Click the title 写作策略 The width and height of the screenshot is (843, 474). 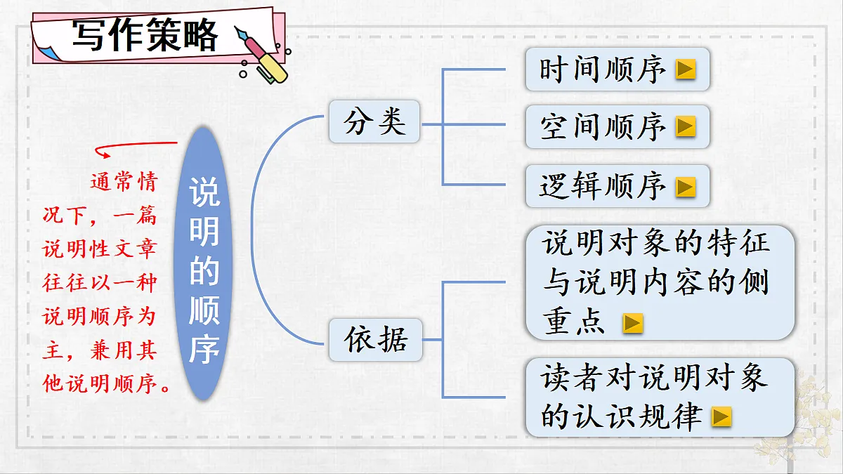point(145,35)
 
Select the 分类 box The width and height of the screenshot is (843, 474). point(374,121)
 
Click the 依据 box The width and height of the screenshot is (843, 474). point(376,340)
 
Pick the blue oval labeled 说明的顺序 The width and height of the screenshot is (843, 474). point(203,263)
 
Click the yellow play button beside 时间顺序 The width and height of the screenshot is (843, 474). point(686,70)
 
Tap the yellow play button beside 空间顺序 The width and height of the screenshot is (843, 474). point(686,126)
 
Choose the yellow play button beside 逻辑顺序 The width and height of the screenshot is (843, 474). point(686,187)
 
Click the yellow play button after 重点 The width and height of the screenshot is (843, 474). point(633,323)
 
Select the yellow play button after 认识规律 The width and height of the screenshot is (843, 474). point(721,416)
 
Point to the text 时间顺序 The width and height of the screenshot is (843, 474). point(602,70)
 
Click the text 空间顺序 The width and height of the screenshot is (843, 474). point(602,127)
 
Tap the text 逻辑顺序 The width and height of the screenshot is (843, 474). point(602,186)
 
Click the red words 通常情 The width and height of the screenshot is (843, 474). point(124,182)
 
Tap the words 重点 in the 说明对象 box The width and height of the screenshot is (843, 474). point(573,322)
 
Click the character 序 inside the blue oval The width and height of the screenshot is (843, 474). point(204,350)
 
